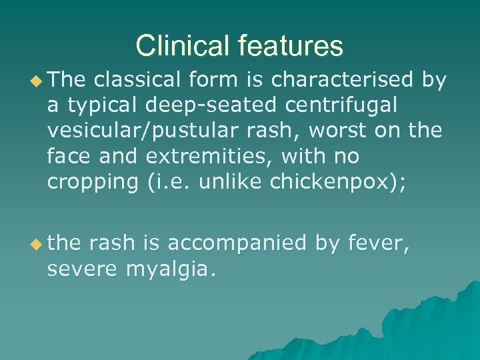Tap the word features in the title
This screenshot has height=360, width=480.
pyautogui.click(x=289, y=46)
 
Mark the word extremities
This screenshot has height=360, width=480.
pyautogui.click(x=207, y=157)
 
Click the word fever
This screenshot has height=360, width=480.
pyautogui.click(x=377, y=244)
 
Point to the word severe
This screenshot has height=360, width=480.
pyautogui.click(x=86, y=269)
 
